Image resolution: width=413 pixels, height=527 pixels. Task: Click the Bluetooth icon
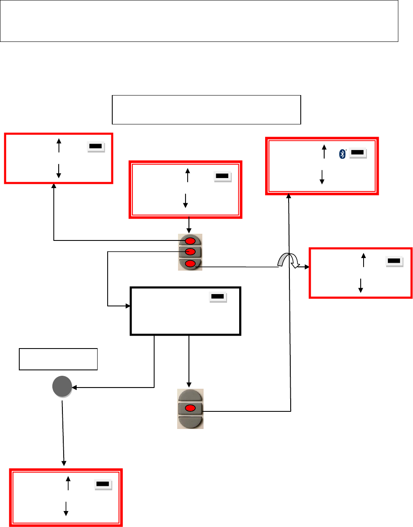(342, 154)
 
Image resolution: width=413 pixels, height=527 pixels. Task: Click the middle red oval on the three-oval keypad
(191, 252)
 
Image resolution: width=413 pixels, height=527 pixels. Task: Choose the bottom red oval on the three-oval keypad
(191, 263)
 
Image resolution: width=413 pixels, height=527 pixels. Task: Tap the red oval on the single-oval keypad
(191, 408)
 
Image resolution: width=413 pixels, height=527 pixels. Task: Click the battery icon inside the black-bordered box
(217, 297)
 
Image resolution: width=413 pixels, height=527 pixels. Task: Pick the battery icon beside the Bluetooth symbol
(357, 153)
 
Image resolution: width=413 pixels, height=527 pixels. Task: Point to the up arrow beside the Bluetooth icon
(324, 152)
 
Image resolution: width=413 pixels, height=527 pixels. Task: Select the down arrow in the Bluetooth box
(322, 177)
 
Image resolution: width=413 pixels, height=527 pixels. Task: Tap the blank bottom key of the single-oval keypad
(191, 422)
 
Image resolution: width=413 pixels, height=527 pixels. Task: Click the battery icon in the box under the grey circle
(103, 484)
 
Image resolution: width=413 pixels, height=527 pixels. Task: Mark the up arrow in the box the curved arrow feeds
(363, 260)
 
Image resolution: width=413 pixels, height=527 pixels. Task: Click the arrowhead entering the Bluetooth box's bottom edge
(289, 196)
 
